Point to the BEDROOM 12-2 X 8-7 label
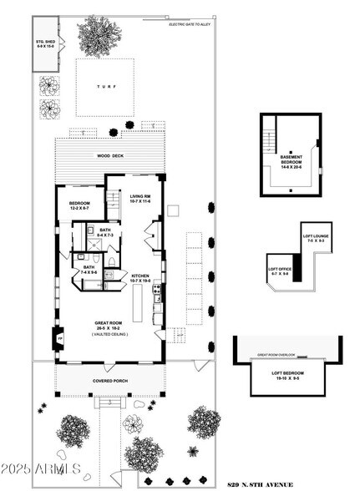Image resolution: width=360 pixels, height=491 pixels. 80,205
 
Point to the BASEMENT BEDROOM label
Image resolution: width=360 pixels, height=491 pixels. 292,160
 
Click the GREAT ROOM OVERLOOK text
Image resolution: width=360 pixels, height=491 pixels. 286,355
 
